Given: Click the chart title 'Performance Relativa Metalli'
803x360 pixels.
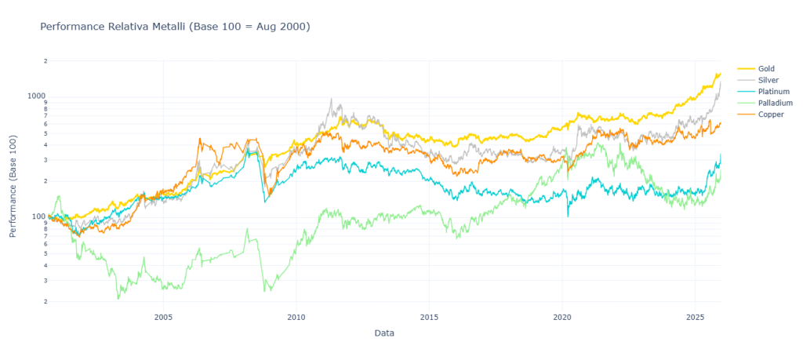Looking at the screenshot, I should (x=175, y=27).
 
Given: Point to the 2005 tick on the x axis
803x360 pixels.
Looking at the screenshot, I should (x=163, y=318).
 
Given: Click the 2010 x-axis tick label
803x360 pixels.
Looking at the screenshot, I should (x=296, y=318).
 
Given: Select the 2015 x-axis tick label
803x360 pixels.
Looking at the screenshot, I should (x=429, y=318).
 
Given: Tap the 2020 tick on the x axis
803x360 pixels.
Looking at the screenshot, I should (x=562, y=318).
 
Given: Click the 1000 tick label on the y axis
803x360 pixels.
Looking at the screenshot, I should (x=36, y=96).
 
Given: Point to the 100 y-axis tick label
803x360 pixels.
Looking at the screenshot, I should (x=38, y=216).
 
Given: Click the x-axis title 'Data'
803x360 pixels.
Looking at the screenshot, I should (x=384, y=333).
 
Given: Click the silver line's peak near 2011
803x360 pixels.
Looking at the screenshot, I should (x=331, y=99).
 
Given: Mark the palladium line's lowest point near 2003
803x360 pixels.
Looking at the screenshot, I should (x=118, y=299).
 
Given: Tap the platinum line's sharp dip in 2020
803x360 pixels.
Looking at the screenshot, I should (x=568, y=216).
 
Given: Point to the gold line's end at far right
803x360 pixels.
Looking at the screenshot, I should (x=720, y=74).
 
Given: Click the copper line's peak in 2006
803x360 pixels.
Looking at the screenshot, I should (x=200, y=139).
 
